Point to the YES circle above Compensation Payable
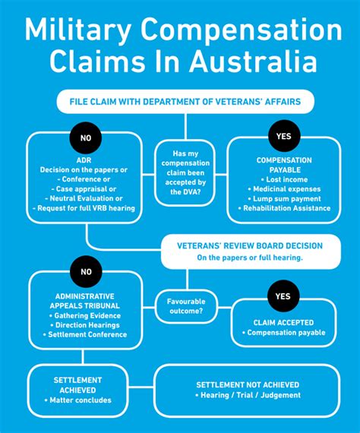pos(282,137)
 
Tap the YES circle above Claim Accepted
pos(283,296)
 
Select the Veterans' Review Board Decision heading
pos(250,245)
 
